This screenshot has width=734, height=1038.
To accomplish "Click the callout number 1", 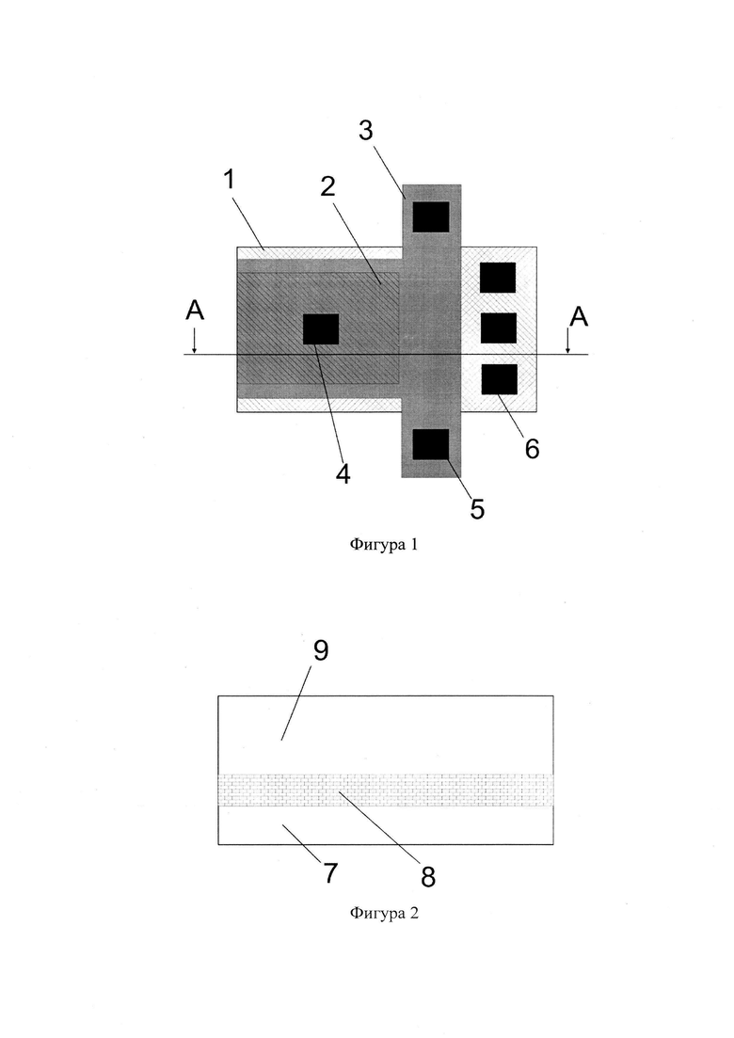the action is tap(230, 179).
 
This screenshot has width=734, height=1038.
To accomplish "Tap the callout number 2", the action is tap(327, 186).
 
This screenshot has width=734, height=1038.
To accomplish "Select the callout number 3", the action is tap(366, 131).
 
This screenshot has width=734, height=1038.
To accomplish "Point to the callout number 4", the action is tap(343, 473).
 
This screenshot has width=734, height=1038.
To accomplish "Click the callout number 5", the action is tap(477, 508).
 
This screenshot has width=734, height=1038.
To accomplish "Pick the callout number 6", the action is tap(532, 449).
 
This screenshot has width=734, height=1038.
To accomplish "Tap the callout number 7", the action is tap(330, 873).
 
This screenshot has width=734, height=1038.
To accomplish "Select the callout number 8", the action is tap(428, 877).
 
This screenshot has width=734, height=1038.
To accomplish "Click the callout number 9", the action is tap(320, 650).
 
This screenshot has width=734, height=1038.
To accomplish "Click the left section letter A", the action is tap(195, 310).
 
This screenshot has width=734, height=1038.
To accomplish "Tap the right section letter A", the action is tap(579, 317).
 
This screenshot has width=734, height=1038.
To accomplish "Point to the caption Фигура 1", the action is tap(384, 545).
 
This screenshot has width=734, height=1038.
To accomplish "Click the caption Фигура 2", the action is tap(384, 914).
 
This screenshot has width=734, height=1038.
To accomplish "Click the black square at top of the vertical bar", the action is tap(431, 216).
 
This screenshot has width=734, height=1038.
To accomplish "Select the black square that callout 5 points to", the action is tap(431, 444).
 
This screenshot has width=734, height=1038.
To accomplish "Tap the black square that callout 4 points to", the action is tap(321, 329).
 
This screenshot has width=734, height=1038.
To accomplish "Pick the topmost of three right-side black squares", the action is tap(498, 278).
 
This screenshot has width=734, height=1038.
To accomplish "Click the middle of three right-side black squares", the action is tap(499, 327).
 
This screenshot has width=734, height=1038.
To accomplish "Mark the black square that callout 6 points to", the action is tap(499, 379).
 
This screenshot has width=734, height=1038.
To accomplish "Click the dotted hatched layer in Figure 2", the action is tap(386, 790).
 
